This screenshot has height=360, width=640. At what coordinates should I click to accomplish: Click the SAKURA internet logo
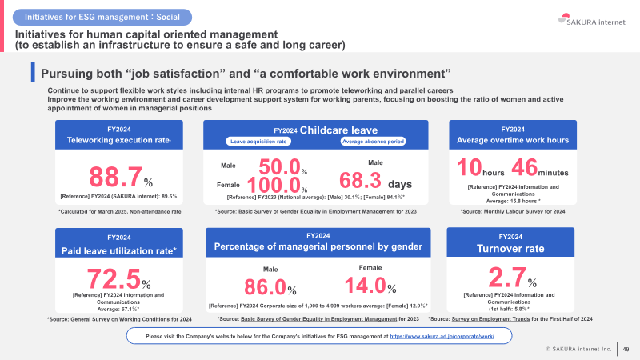coord(591,19)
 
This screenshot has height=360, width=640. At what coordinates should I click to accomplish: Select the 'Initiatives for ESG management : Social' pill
coord(102,17)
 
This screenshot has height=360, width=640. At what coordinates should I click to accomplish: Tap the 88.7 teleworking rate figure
coord(115,177)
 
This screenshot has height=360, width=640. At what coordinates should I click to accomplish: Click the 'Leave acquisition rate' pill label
coord(258,142)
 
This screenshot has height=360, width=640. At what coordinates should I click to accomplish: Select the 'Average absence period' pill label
coord(373,142)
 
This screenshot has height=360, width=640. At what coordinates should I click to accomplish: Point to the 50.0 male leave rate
coord(279,166)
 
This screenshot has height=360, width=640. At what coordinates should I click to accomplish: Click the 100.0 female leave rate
coord(274,185)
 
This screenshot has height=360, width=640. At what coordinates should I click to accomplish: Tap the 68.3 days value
coord(360,180)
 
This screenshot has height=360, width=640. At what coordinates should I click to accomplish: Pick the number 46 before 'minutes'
coord(525,167)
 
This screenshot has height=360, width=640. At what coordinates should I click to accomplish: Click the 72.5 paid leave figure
coord(114,278)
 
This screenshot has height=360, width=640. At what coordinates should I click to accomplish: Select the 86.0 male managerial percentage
coord(266,286)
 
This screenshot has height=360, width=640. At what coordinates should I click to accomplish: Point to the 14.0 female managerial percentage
coord(366,285)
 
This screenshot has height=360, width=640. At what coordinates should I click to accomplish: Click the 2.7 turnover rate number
coord(507,278)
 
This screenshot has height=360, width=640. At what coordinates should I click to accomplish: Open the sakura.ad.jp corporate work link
coord(442,336)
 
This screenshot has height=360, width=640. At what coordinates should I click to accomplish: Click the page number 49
coord(626,349)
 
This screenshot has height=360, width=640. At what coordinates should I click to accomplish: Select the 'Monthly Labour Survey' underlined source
coord(513,211)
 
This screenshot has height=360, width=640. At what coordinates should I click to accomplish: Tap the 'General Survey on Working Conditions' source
coord(120,319)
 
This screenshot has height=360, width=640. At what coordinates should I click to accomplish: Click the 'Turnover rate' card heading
coord(510,249)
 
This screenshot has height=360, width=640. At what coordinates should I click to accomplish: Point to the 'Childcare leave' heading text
coord(338,130)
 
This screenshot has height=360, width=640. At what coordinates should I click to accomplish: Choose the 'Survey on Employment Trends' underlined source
coord(490,318)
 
